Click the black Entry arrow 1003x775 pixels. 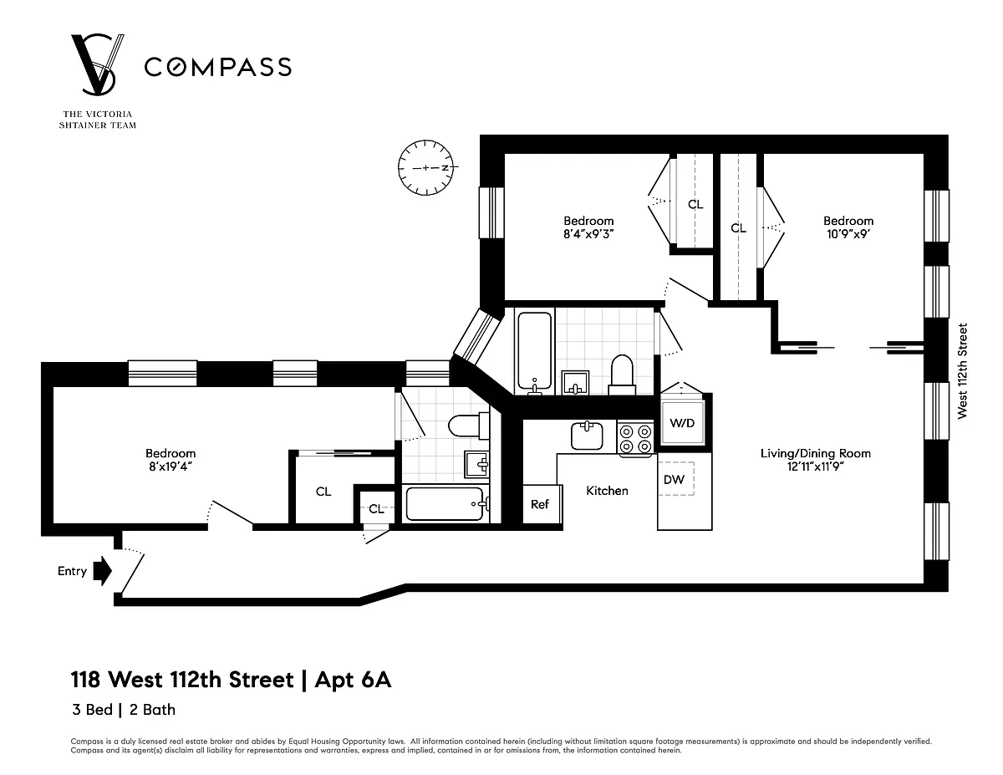tap(103, 571)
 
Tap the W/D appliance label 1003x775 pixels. tap(682, 423)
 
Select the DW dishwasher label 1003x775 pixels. tap(674, 480)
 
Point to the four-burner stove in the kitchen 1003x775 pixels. tap(635, 440)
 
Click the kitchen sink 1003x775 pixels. tap(587, 436)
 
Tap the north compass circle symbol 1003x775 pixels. tap(425, 167)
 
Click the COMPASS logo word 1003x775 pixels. tap(218, 67)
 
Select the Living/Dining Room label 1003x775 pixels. tap(816, 453)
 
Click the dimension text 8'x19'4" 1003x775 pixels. tap(171, 467)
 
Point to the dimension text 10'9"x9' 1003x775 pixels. tap(848, 234)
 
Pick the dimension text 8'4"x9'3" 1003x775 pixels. tap(588, 234)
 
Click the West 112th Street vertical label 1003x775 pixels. tap(962, 371)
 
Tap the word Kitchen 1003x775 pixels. tap(607, 491)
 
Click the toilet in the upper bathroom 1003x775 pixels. tap(622, 375)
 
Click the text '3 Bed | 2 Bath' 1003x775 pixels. tap(124, 710)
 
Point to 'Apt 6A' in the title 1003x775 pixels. tap(353, 680)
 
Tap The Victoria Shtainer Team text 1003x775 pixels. tap(98, 120)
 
